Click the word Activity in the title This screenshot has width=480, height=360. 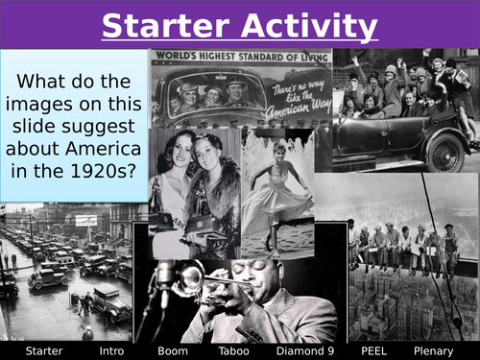[x=309, y=26]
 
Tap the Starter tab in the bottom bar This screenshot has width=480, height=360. [x=43, y=350]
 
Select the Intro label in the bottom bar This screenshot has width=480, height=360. [x=111, y=350]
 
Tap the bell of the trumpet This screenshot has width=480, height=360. [x=189, y=278]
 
